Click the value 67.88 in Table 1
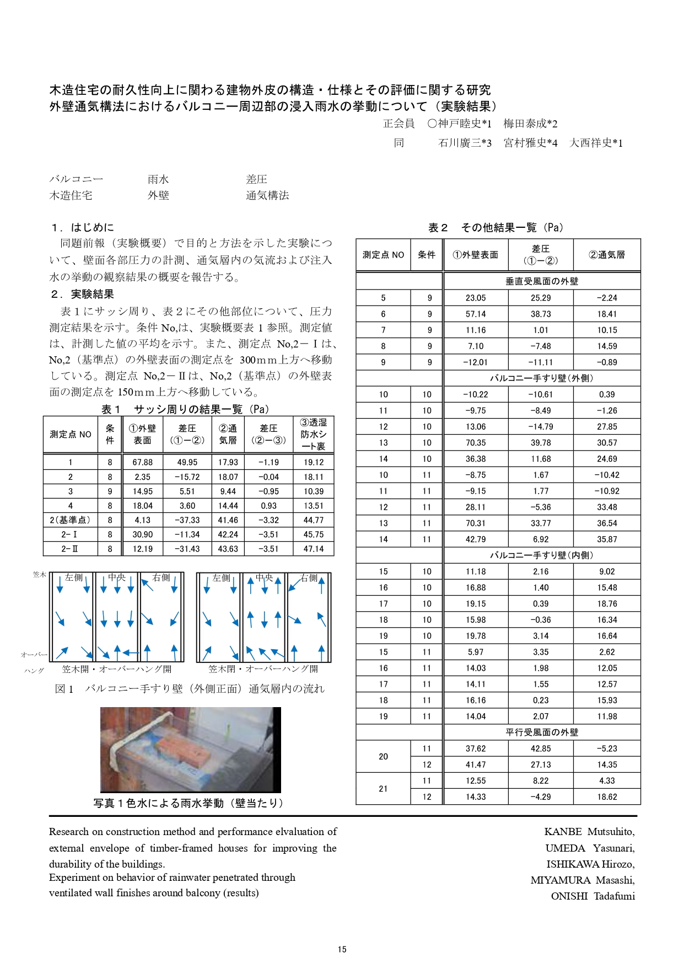pyautogui.click(x=142, y=462)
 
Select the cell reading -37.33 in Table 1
pyautogui.click(x=187, y=520)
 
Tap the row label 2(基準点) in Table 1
pyautogui.click(x=70, y=520)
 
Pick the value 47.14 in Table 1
pyautogui.click(x=313, y=549)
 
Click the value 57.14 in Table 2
pyautogui.click(x=475, y=314)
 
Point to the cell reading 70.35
pyautogui.click(x=475, y=442)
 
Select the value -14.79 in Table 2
pyautogui.click(x=541, y=426)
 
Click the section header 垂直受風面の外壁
pyautogui.click(x=542, y=281)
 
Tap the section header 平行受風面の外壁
pyautogui.click(x=542, y=732)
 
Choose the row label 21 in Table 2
pyautogui.click(x=383, y=789)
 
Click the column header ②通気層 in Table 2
pyautogui.click(x=607, y=255)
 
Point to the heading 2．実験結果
pyautogui.click(x=82, y=295)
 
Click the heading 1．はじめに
pyautogui.click(x=82, y=227)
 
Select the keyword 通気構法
pyautogui.click(x=267, y=195)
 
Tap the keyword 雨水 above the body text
pyautogui.click(x=158, y=179)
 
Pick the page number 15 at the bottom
pyautogui.click(x=342, y=949)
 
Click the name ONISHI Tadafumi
pyautogui.click(x=593, y=896)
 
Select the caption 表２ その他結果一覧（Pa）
pyautogui.click(x=496, y=228)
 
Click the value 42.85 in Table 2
pyautogui.click(x=541, y=748)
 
